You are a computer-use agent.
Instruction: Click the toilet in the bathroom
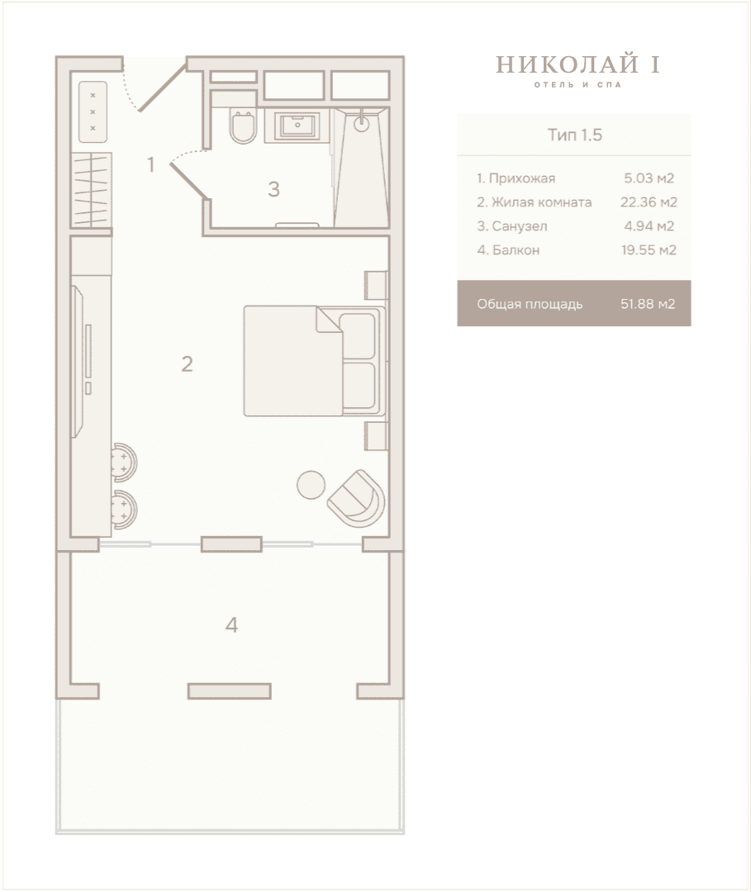(x=242, y=126)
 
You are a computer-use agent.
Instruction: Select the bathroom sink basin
(x=297, y=126)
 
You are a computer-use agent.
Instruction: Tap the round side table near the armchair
(x=311, y=485)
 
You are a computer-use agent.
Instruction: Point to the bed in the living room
(x=315, y=361)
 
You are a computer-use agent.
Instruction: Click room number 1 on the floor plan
(x=150, y=165)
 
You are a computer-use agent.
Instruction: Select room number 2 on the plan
(x=188, y=364)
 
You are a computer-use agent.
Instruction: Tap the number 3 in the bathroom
(x=273, y=189)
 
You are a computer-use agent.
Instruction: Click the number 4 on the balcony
(x=231, y=625)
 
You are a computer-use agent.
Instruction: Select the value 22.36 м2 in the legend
(x=649, y=202)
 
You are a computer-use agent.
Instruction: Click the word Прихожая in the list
(x=521, y=178)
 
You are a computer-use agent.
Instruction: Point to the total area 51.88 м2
(x=648, y=304)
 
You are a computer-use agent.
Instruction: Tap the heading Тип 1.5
(x=575, y=135)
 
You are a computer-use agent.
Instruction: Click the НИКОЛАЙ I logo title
(x=578, y=65)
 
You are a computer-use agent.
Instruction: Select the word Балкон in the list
(x=516, y=250)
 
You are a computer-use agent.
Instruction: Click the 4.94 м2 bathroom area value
(x=649, y=225)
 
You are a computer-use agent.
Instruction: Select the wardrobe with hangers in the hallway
(x=91, y=190)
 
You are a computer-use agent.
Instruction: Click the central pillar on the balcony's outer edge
(x=230, y=691)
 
